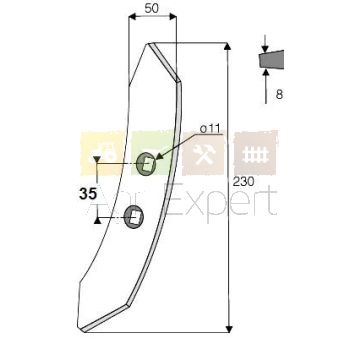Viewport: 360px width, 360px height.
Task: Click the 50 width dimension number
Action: [x=152, y=9]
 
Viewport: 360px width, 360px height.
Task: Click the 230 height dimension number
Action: [x=243, y=182]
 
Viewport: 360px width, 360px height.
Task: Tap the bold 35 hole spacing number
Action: [x=88, y=194]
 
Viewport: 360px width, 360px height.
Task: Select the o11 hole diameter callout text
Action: [x=211, y=129]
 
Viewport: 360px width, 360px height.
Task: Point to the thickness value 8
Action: [x=279, y=95]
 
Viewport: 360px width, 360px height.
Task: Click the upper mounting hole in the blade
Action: [x=146, y=163]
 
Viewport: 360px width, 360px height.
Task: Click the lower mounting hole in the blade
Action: [x=134, y=217]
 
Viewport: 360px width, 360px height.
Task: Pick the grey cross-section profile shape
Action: [x=271, y=60]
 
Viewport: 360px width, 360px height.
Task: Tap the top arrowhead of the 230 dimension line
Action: [x=228, y=46]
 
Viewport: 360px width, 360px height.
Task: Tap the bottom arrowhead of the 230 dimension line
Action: [x=229, y=329]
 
